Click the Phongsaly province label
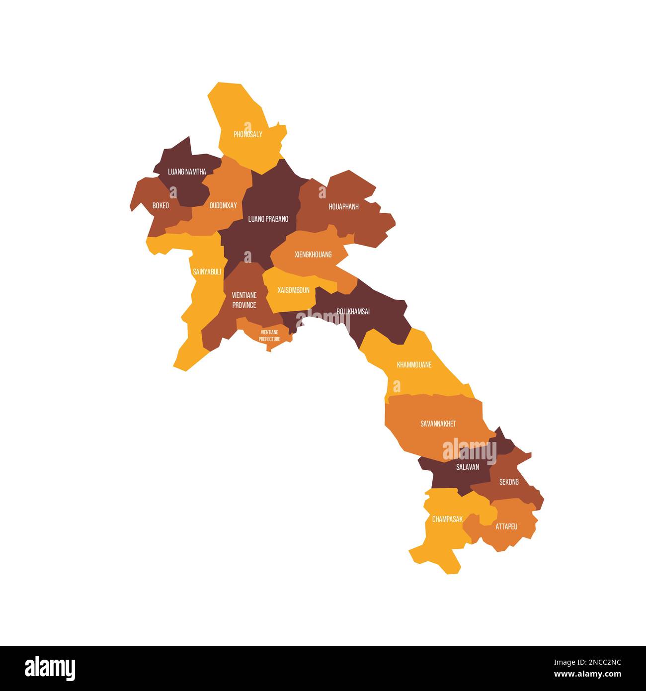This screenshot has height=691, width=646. pyautogui.click(x=248, y=134)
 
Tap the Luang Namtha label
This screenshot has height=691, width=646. pyautogui.click(x=187, y=172)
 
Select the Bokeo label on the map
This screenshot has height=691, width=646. pyautogui.click(x=161, y=205)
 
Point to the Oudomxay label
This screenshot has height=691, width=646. pyautogui.click(x=223, y=205)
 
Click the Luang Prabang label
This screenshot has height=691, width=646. pyautogui.click(x=268, y=219)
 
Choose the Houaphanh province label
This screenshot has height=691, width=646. pyautogui.click(x=343, y=206)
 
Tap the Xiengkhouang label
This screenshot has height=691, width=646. pyautogui.click(x=313, y=255)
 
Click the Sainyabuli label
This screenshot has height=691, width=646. pyautogui.click(x=207, y=272)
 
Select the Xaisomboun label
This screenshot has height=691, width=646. pyautogui.click(x=293, y=290)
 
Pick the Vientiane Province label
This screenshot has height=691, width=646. pyautogui.click(x=244, y=300)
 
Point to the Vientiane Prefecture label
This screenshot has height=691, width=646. pyautogui.click(x=269, y=336)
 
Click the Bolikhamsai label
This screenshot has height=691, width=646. pyautogui.click(x=353, y=312)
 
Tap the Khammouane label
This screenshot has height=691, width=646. pyautogui.click(x=414, y=365)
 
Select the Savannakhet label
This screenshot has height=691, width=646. pyautogui.click(x=438, y=424)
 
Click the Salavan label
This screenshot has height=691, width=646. pyautogui.click(x=468, y=467)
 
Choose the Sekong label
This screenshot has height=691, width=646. pyautogui.click(x=509, y=482)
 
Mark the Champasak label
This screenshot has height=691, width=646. pyautogui.click(x=447, y=519)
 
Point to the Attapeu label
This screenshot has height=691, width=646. pyautogui.click(x=506, y=526)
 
